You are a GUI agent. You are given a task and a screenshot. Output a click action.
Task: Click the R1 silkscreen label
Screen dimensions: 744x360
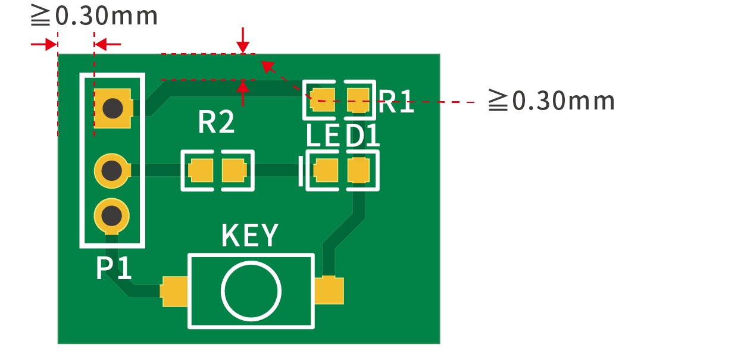point(396,102)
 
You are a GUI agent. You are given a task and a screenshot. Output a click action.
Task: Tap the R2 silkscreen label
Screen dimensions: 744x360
point(216,121)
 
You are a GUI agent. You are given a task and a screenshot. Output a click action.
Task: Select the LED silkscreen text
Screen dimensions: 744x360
point(323,135)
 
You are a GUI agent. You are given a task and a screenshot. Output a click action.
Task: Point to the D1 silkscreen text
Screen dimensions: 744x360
point(362,135)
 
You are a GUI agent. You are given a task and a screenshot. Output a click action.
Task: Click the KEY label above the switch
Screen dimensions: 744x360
point(250,235)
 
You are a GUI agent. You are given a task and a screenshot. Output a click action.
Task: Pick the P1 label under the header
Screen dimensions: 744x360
point(114,268)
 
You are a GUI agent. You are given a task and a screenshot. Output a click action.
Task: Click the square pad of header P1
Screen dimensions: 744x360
point(113,108)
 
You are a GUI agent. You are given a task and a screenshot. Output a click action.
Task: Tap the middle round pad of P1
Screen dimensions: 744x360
point(112,171)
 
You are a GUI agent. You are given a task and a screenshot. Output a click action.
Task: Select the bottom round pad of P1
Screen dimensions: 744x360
point(112,216)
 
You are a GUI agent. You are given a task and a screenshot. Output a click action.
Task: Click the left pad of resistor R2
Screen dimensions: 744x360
point(201,170)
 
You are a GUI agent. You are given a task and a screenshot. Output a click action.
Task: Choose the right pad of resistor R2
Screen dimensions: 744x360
point(235,170)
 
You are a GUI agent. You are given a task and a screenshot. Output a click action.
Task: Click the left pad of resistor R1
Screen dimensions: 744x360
point(322,99)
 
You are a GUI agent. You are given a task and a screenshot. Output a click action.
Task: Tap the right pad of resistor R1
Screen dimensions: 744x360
point(358,99)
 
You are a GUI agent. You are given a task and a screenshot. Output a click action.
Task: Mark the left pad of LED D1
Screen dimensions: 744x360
point(326,170)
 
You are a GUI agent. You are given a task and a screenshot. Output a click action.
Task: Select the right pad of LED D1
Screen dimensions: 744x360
point(359,170)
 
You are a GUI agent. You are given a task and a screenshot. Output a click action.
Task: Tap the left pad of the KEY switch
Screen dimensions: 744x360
point(173,291)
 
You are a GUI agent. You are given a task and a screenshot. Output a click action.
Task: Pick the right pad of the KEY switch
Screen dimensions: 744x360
point(329,290)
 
